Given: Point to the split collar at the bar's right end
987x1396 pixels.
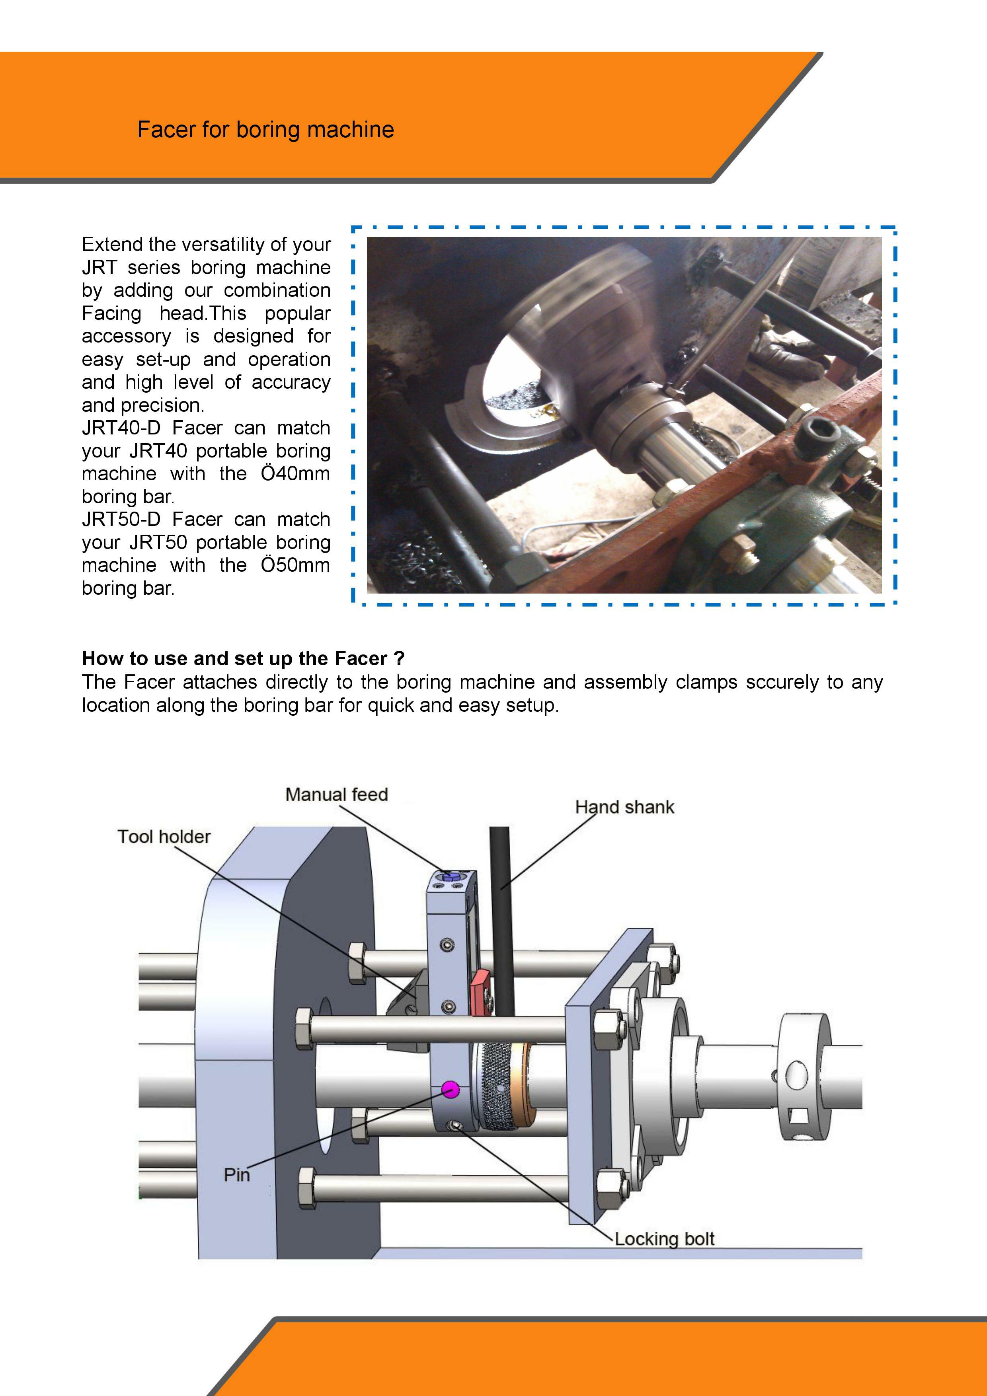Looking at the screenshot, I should (803, 1076).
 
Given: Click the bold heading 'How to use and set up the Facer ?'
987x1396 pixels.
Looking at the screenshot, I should (243, 658).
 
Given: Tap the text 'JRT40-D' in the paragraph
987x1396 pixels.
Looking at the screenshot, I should (121, 428).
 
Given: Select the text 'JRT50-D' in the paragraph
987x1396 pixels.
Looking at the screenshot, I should (121, 519).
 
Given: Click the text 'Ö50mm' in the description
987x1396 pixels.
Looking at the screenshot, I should (295, 565).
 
